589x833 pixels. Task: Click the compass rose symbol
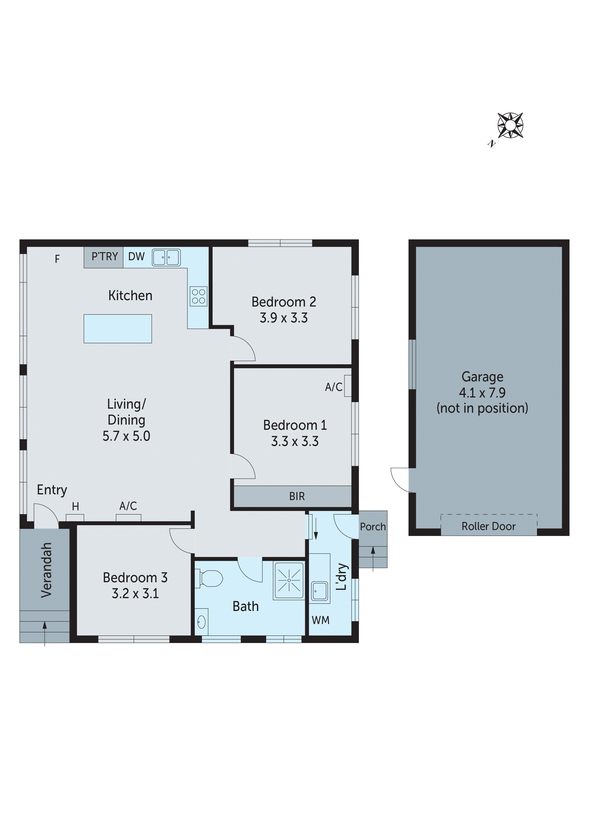510,126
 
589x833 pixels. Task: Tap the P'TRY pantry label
104,256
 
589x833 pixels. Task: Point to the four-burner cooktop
199,296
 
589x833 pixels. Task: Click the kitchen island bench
118,329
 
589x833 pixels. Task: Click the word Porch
373,526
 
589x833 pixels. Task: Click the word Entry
52,490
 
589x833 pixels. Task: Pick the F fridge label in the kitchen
57,259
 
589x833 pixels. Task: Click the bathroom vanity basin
201,623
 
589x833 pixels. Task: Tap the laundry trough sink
319,591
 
